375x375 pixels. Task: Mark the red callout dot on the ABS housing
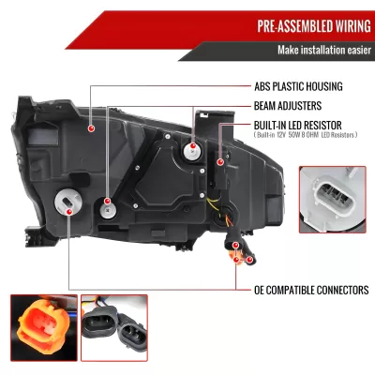[x=92, y=127]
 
